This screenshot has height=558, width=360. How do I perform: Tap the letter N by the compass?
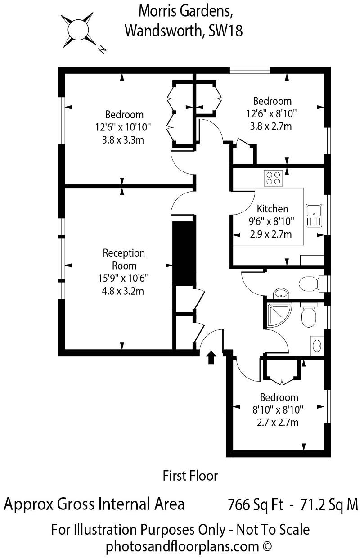(102, 49)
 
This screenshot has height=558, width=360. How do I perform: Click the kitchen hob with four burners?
(273, 178)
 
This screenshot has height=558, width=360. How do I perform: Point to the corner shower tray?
(279, 315)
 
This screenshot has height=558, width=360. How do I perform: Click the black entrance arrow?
(211, 357)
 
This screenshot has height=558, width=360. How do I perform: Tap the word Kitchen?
(272, 209)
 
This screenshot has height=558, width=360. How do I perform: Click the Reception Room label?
(124, 259)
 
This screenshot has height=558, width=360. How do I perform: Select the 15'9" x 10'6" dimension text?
(123, 278)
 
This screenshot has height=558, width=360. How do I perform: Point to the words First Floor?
(190, 476)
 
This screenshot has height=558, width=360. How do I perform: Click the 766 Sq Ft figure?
(256, 505)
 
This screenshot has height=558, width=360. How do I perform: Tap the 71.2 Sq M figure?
(329, 505)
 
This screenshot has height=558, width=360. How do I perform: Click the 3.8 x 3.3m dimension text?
(123, 140)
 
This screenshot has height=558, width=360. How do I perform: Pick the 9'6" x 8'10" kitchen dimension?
(271, 221)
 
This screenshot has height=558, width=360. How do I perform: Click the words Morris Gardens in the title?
(185, 11)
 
